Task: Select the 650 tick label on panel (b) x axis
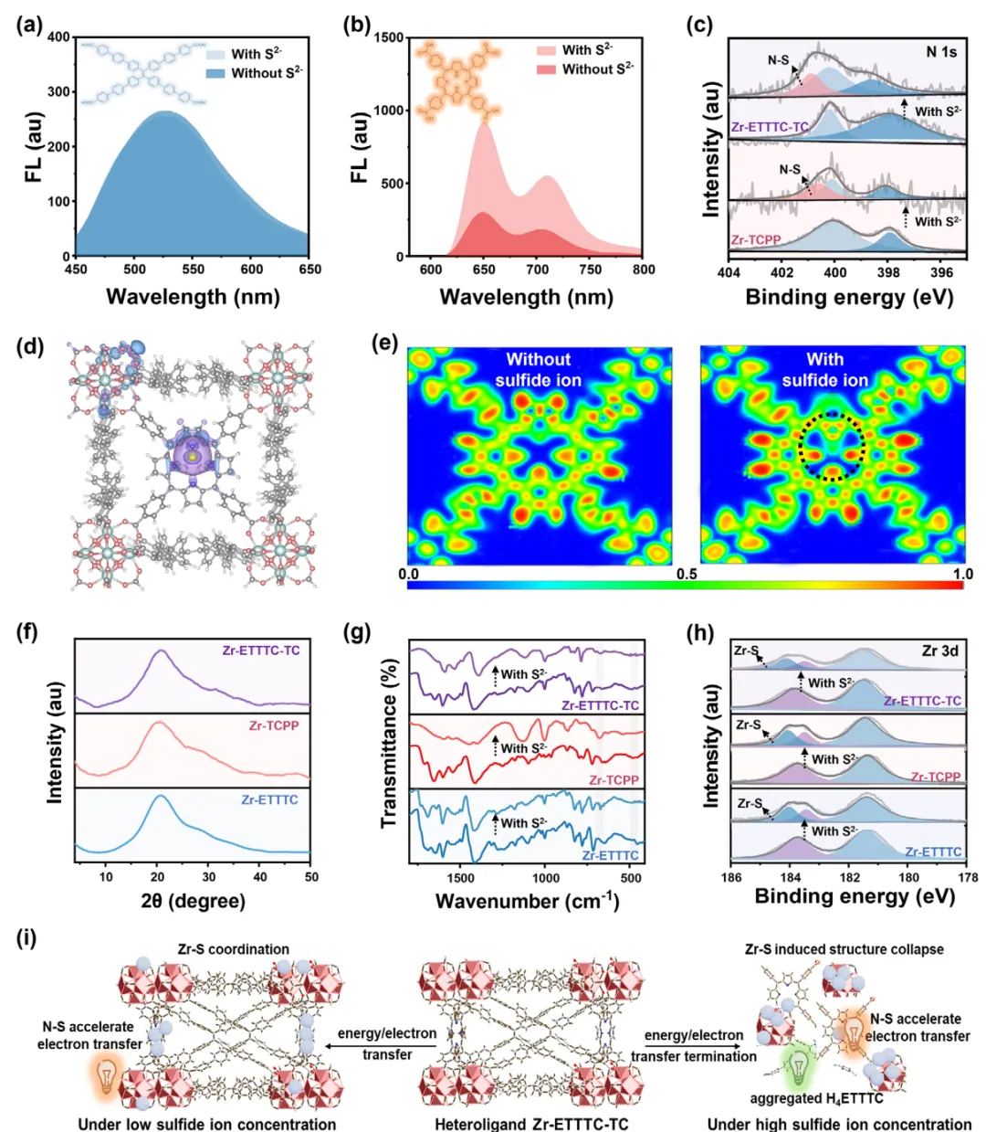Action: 484,270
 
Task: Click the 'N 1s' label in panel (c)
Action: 941,52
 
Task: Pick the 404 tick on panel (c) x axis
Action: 729,272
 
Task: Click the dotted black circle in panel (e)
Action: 832,447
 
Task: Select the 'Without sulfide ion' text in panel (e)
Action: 539,370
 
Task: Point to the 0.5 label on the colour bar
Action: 687,574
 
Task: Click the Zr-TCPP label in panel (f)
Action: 274,725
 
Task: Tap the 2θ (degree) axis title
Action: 194,901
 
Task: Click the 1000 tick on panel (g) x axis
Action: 546,878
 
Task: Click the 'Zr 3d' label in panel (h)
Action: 940,651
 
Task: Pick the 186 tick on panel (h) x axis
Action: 731,877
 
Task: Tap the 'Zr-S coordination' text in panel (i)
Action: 234,949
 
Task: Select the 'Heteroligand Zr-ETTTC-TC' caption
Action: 530,1124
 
